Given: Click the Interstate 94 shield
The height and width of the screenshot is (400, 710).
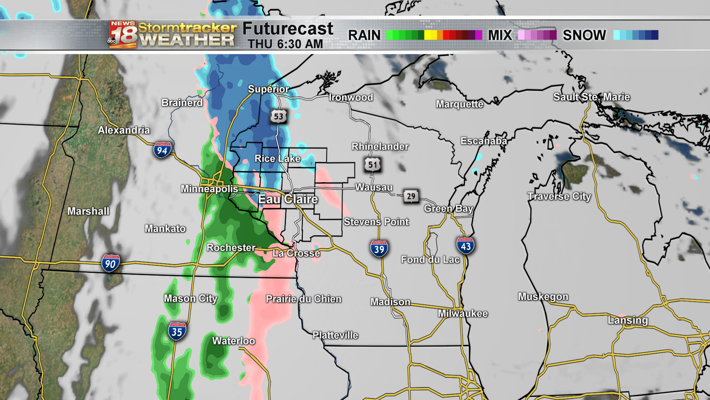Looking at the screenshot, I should pyautogui.click(x=162, y=150).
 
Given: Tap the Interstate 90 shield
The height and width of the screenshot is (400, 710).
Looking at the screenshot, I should pyautogui.click(x=110, y=263).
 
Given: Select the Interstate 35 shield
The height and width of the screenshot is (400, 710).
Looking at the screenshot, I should pyautogui.click(x=177, y=331).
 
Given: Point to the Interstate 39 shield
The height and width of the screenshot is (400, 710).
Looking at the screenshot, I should pyautogui.click(x=379, y=249).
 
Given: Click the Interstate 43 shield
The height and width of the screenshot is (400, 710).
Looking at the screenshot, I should pyautogui.click(x=465, y=246).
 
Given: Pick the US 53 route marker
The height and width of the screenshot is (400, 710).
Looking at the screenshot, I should pyautogui.click(x=278, y=116).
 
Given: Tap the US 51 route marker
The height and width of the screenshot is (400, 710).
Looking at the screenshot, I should pyautogui.click(x=373, y=165).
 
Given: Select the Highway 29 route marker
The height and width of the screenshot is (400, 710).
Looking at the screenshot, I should pyautogui.click(x=411, y=196).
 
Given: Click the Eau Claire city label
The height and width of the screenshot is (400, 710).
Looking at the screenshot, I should pyautogui.click(x=288, y=199).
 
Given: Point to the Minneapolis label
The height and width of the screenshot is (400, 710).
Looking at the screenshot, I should pyautogui.click(x=209, y=189).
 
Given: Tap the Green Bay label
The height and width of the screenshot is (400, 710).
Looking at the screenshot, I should pyautogui.click(x=449, y=209).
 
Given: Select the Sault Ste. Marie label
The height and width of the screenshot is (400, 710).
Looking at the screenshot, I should pyautogui.click(x=591, y=97).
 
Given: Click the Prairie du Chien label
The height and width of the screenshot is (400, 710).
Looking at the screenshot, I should pyautogui.click(x=304, y=299).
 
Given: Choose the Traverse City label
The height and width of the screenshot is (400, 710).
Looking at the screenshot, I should pyautogui.click(x=559, y=196).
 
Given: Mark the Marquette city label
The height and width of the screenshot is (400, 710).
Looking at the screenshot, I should pyautogui.click(x=460, y=104).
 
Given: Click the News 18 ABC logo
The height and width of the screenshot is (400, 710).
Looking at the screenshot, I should pyautogui.click(x=123, y=35).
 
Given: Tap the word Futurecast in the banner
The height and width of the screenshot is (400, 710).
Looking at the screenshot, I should pyautogui.click(x=288, y=29).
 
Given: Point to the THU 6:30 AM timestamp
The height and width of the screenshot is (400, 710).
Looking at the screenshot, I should pyautogui.click(x=285, y=44).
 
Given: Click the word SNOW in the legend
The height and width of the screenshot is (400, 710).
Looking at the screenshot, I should pyautogui.click(x=584, y=35).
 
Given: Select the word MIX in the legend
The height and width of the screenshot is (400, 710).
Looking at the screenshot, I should pyautogui.click(x=500, y=35).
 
